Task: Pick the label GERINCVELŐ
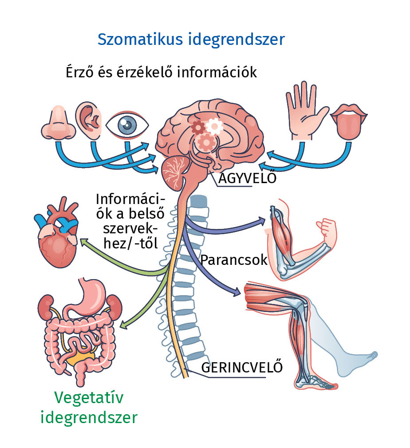(242, 368)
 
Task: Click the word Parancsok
(234, 260)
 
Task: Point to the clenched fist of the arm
(328, 229)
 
